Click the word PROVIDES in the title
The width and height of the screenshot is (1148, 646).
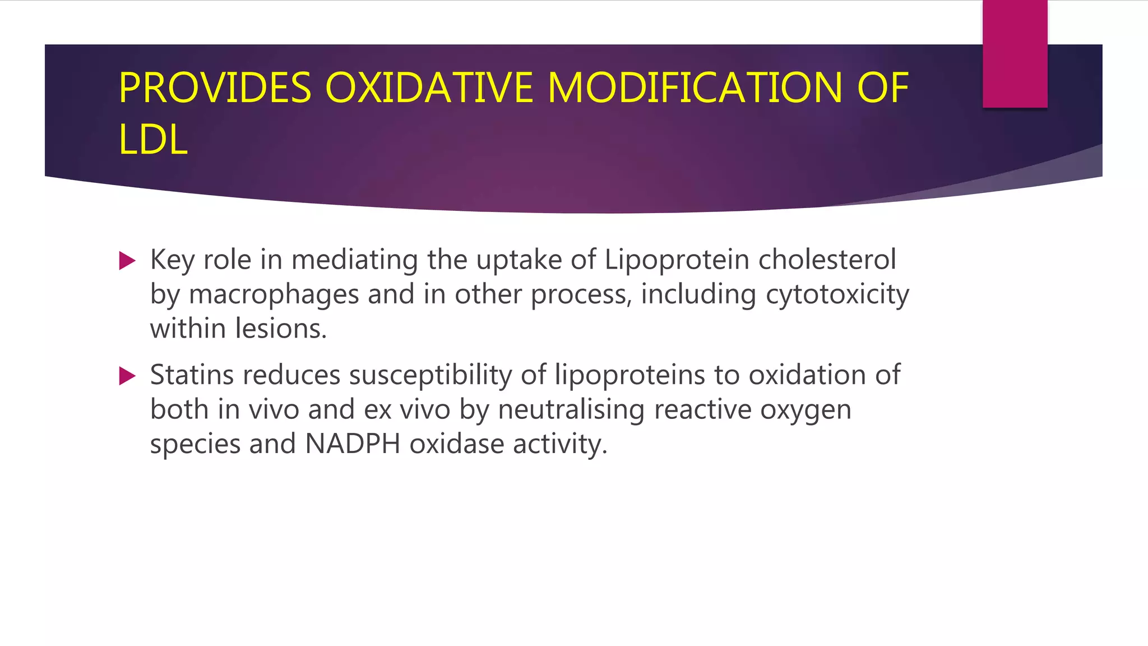[x=215, y=88]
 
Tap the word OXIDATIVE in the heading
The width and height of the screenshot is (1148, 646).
[x=429, y=88]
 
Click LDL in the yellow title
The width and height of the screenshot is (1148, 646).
[x=152, y=140]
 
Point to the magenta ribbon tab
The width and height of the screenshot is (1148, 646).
[x=1015, y=53]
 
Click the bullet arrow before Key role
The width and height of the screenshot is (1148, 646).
[x=128, y=261]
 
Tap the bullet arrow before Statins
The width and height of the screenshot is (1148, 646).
[x=128, y=376]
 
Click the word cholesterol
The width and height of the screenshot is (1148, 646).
[x=827, y=260]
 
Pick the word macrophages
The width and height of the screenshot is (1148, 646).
[x=274, y=295]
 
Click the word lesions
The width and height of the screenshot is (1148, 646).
[x=281, y=329]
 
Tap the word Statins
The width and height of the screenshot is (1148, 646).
[x=192, y=375]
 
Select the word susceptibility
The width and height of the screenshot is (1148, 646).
[x=430, y=375]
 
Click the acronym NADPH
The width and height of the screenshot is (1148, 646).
[x=353, y=444]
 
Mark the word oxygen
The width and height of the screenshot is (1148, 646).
[x=806, y=410]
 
